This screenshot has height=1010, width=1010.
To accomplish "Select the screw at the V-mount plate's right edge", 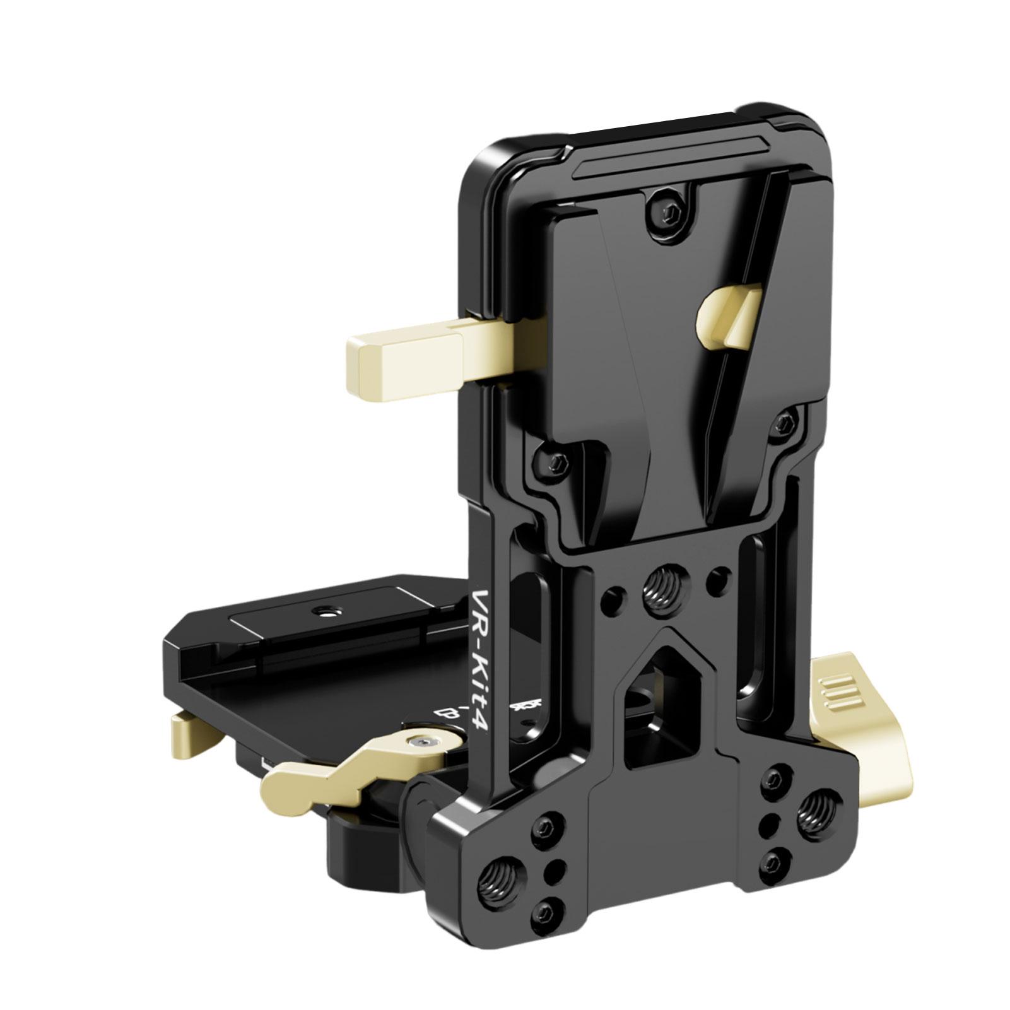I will tap(786, 422).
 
